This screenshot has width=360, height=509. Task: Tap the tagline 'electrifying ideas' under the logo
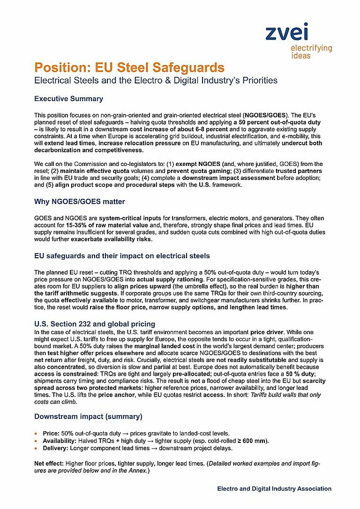coord(311,52)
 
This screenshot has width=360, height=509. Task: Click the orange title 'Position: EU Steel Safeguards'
coord(129,67)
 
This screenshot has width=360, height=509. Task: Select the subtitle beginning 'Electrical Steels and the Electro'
coord(156,80)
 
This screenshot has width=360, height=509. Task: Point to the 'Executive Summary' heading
coord(68,99)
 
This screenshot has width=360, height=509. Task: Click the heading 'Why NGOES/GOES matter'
coord(79,202)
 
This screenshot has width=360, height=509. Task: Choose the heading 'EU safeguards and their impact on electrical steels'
coord(122,256)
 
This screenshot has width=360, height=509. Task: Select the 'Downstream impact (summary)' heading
coord(88,416)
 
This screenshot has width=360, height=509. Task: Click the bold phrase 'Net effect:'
coord(49,463)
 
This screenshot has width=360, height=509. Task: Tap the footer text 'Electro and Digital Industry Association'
coord(274,488)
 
